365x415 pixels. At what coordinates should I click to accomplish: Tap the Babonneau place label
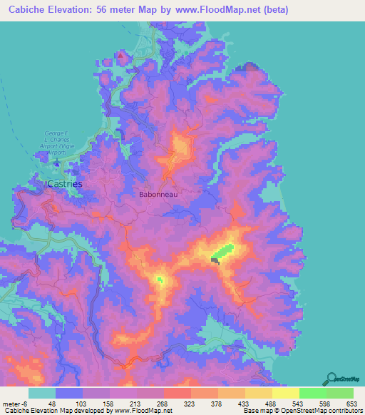158,193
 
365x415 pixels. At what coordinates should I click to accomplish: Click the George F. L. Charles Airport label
59,140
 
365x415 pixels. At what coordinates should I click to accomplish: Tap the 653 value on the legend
352,404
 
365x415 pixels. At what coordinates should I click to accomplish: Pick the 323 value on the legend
191,404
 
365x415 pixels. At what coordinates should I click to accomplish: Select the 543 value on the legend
299,404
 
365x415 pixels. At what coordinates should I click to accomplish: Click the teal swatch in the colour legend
42,393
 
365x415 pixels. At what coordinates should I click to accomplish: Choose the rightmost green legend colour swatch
339,393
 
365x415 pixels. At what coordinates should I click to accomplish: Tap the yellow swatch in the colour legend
285,393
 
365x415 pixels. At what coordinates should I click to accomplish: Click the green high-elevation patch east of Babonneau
223,252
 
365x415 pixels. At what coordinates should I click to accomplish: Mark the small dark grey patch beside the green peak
215,262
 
